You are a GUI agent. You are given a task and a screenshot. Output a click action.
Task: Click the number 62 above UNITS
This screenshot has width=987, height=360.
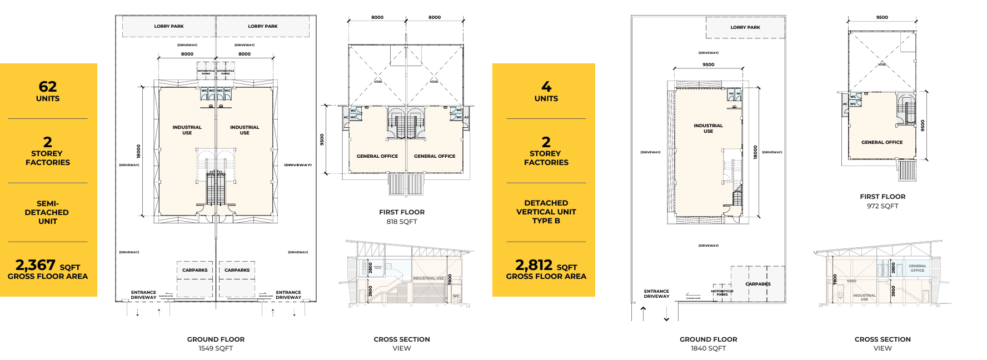tap(48, 87)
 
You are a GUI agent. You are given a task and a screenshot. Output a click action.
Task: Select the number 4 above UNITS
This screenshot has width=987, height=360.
tap(546, 87)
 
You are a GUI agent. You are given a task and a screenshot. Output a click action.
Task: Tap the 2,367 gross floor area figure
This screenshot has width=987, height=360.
tap(36, 265)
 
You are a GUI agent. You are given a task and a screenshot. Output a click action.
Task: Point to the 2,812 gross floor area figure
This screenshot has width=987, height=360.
tap(534, 265)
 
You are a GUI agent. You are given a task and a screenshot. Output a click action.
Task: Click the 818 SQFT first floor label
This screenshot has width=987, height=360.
tap(402, 222)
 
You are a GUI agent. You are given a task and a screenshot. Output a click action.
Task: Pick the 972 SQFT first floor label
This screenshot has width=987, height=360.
tap(883, 206)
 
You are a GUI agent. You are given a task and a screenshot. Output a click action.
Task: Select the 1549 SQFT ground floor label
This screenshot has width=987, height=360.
tap(216, 348)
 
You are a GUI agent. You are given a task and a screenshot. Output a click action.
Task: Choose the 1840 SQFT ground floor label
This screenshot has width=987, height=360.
tap(708, 348)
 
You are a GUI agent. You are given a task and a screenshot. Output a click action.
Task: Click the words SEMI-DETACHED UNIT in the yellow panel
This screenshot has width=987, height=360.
tap(47, 212)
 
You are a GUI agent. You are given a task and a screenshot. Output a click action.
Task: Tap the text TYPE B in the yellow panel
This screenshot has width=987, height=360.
tap(546, 221)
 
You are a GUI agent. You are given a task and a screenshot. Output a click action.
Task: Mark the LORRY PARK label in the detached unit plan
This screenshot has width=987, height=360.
tap(745, 27)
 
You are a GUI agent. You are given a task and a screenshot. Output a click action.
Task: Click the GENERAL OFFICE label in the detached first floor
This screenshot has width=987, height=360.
tap(882, 142)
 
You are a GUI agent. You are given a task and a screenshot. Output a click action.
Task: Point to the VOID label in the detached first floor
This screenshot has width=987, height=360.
tap(882, 64)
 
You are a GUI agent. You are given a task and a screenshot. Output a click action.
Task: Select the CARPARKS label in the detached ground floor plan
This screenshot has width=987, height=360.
tap(758, 284)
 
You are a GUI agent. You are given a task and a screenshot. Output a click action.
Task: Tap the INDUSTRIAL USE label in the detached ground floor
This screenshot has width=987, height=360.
tap(708, 128)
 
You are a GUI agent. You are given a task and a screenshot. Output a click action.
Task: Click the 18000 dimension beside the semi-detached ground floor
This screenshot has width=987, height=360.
tap(138, 151)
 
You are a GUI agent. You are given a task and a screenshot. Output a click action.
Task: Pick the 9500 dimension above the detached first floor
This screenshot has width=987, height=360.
tap(882, 17)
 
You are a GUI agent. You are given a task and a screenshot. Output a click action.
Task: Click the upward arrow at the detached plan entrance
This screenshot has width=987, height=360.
tap(644, 312)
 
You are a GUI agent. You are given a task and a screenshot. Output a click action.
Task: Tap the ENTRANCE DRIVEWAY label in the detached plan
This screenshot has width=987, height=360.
tap(656, 294)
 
